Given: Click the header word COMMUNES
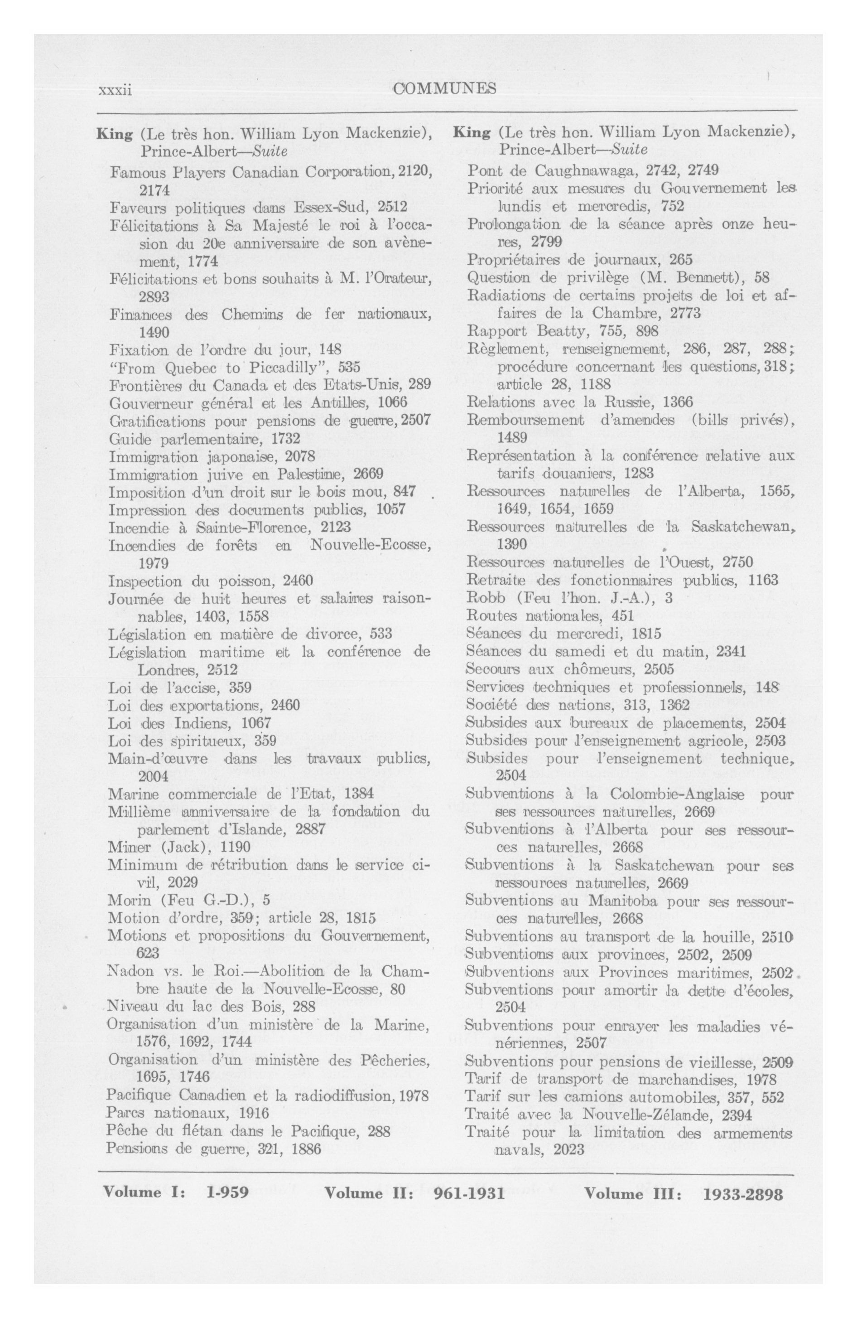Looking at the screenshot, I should click(x=444, y=88).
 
